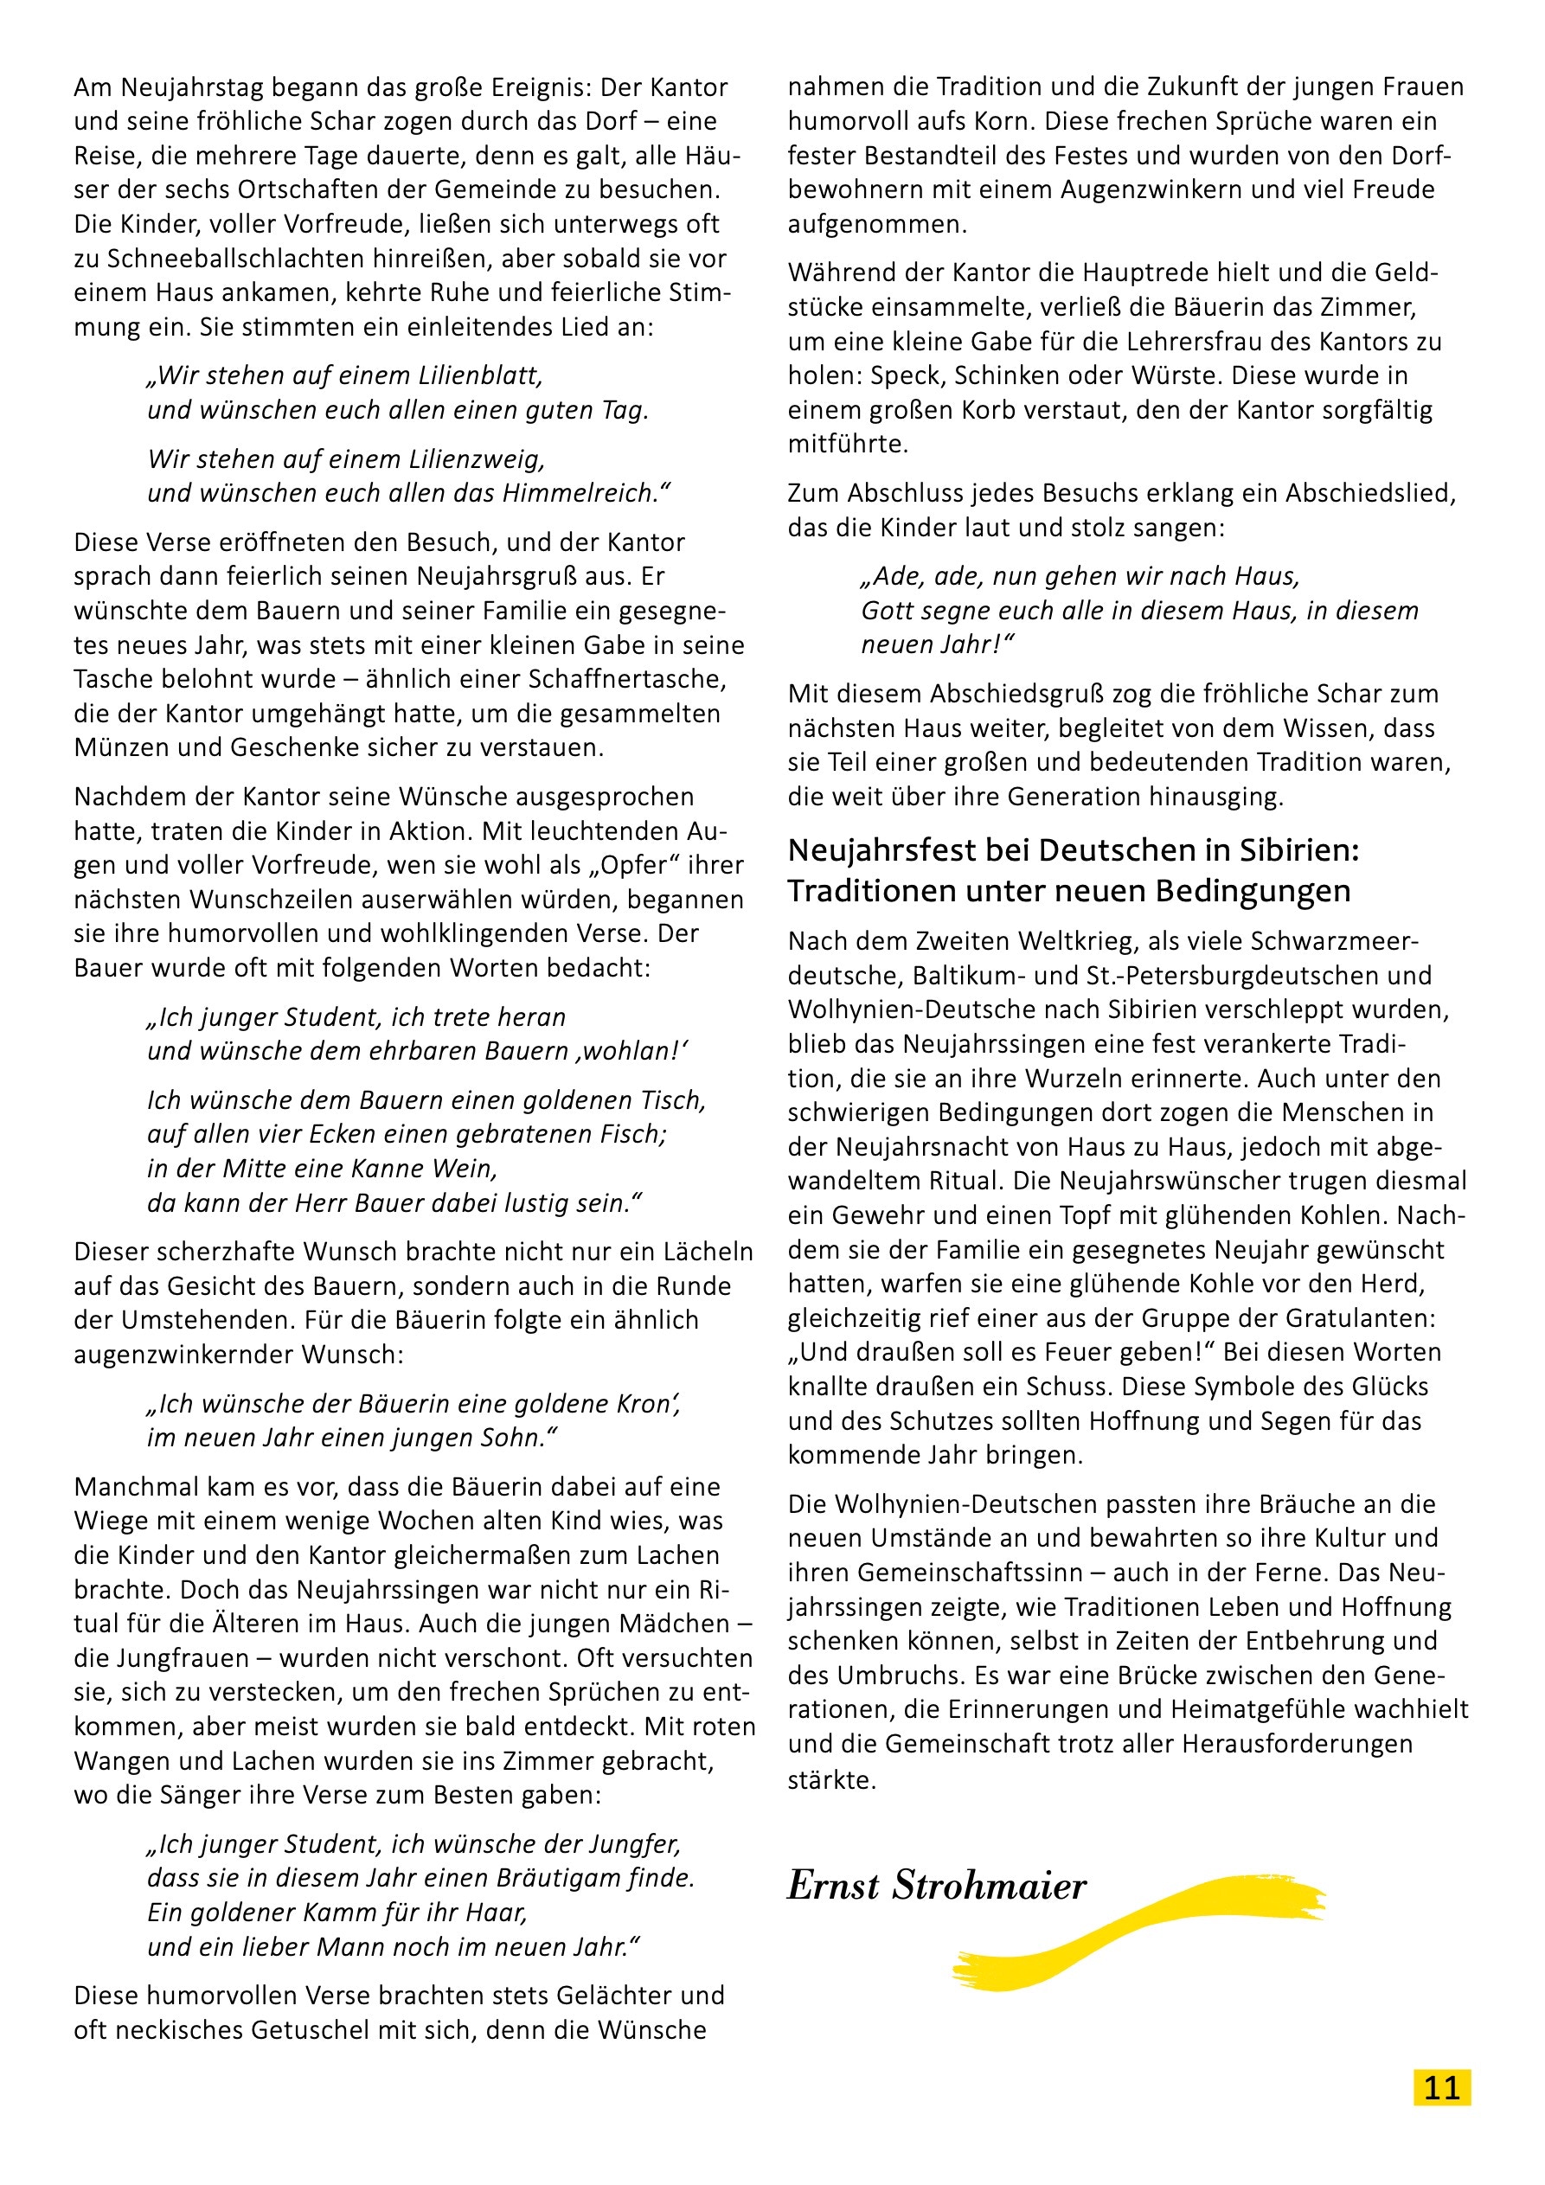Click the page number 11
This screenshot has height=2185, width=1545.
click(x=1441, y=2087)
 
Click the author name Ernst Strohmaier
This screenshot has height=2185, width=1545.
click(x=937, y=1885)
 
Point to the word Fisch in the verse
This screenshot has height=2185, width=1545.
click(x=636, y=1134)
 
